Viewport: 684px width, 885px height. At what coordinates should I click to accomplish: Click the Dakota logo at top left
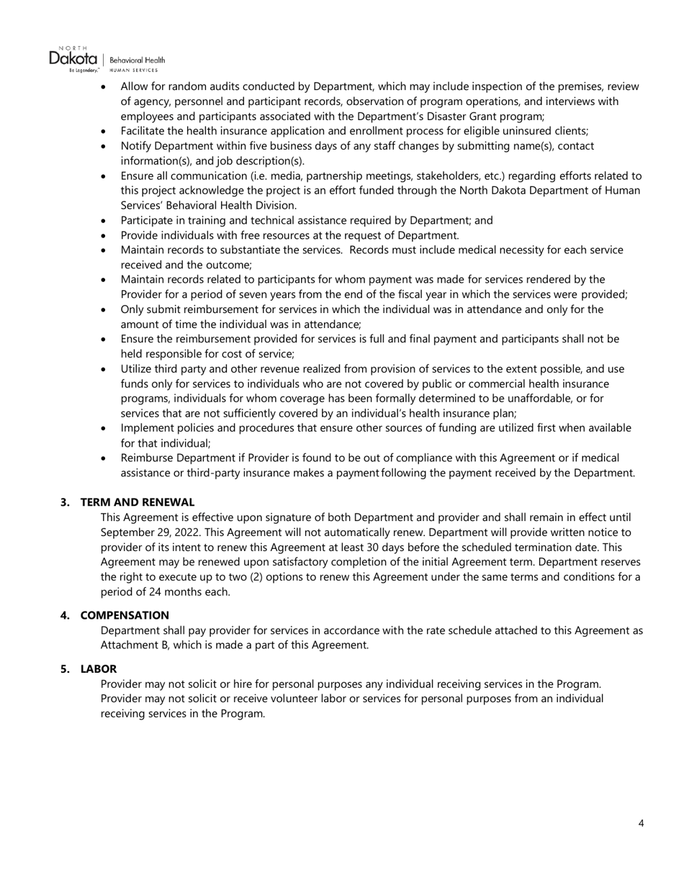pos(73,58)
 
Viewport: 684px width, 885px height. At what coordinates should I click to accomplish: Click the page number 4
pos(641,823)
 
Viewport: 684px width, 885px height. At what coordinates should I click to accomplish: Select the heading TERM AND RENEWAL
pos(137,501)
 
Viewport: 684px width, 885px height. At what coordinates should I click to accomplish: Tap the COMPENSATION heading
pos(125,615)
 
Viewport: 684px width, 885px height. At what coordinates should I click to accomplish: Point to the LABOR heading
pos(98,668)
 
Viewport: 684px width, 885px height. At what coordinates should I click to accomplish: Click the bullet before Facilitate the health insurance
pos(104,132)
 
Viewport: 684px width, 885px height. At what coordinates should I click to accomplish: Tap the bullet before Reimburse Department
pos(104,458)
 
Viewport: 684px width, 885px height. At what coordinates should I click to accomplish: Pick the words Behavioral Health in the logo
pos(137,60)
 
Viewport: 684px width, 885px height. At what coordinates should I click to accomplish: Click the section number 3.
pos(65,501)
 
